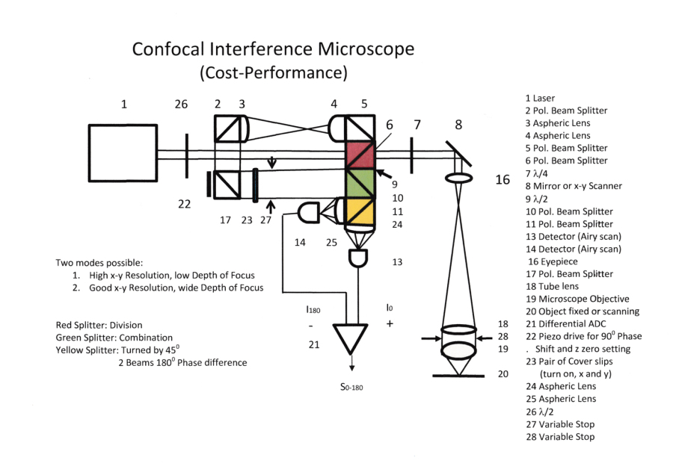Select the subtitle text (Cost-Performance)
tap(273, 73)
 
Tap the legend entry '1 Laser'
tap(540, 98)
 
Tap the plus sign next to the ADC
tap(390, 324)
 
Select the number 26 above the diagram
tap(181, 105)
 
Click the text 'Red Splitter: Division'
tap(99, 326)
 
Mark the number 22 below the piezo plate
tap(184, 204)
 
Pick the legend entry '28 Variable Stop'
tap(561, 437)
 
